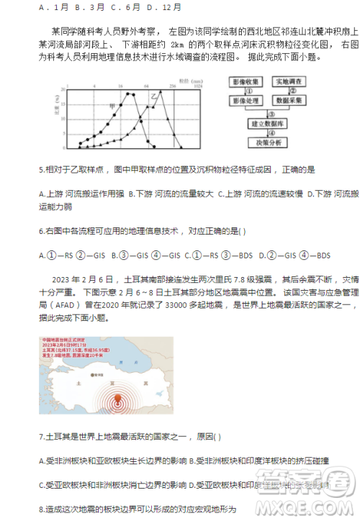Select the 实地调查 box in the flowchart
292,83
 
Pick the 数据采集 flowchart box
292,101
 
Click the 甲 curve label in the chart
111,106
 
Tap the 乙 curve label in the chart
152,94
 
